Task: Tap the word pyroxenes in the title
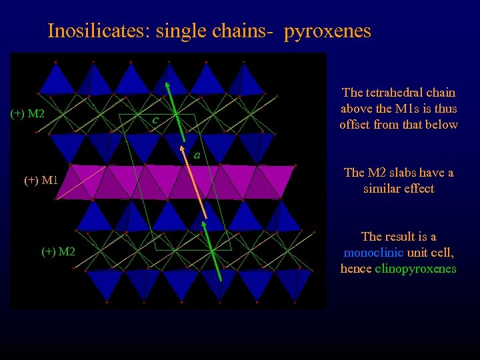coord(327,31)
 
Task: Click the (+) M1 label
coord(41,179)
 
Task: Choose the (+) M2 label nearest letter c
coord(27,114)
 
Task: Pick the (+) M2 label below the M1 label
coord(58,251)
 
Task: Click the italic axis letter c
coord(154,121)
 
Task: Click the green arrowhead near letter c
coord(168,85)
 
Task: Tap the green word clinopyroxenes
coord(416,269)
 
